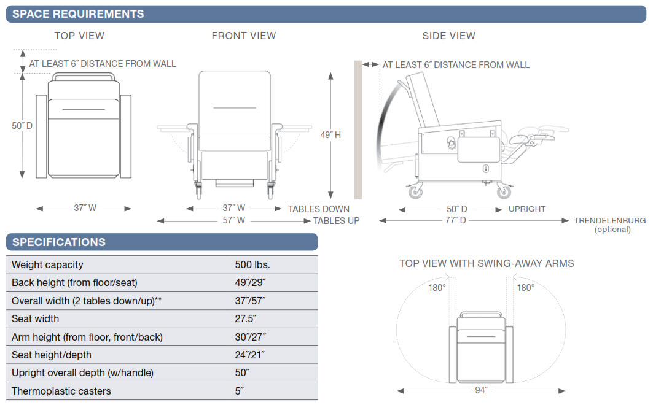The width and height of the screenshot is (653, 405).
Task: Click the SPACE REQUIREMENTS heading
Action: click(78, 13)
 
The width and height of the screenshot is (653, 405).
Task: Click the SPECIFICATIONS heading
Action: click(59, 242)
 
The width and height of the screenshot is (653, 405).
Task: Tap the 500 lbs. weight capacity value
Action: click(252, 265)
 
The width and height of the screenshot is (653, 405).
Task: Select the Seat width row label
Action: click(36, 319)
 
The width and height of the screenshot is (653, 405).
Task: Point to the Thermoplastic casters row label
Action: click(61, 391)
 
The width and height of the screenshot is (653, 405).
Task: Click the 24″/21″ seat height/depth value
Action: click(249, 355)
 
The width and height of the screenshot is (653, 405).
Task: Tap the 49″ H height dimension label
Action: click(330, 135)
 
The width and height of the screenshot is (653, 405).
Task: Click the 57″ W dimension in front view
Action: click(233, 220)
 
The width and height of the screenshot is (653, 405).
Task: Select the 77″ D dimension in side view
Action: click(455, 220)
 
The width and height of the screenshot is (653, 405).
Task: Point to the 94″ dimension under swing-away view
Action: click(480, 390)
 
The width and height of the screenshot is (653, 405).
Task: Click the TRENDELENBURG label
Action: click(610, 220)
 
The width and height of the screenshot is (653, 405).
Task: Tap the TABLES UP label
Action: click(336, 220)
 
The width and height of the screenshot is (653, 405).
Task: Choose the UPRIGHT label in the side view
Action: click(527, 209)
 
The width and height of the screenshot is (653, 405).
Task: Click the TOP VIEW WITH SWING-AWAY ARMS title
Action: click(487, 263)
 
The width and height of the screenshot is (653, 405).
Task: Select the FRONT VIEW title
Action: click(244, 36)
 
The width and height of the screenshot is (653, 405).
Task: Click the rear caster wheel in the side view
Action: click(415, 191)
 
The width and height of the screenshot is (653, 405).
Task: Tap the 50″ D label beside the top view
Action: click(22, 126)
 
